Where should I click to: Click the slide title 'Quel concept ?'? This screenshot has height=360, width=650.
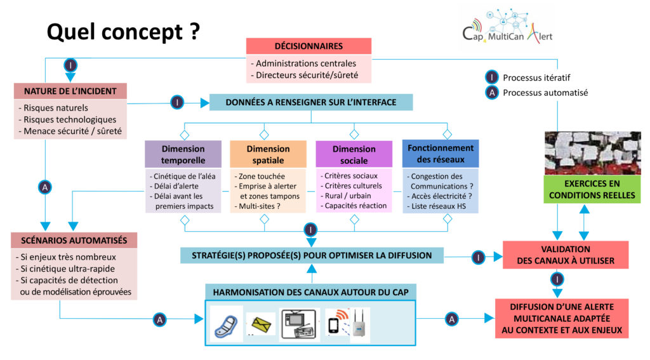pyautogui.click(x=124, y=31)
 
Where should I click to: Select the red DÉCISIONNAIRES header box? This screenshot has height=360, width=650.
pyautogui.click(x=308, y=46)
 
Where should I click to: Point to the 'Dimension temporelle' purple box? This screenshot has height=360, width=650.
pyautogui.click(x=183, y=154)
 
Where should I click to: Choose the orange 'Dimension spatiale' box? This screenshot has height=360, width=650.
pyautogui.click(x=264, y=154)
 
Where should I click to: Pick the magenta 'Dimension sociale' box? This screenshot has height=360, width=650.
pyautogui.click(x=354, y=154)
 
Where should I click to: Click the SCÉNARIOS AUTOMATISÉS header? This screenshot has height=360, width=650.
pyautogui.click(x=74, y=241)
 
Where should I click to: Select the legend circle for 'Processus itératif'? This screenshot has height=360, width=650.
pyautogui.click(x=492, y=77)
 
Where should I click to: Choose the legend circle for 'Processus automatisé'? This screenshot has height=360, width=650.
pyautogui.click(x=492, y=92)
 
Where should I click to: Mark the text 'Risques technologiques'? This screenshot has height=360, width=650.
pyautogui.click(x=70, y=119)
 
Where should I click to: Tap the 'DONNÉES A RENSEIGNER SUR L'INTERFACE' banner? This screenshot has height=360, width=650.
pyautogui.click(x=311, y=102)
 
